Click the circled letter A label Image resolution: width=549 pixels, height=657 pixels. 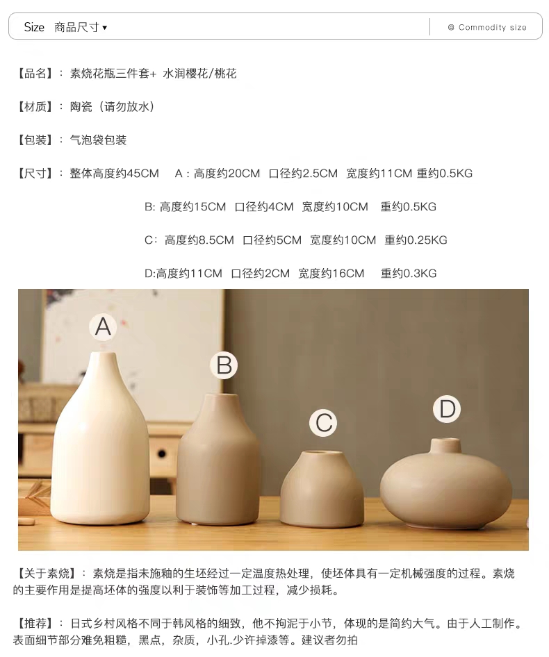coord(103,326)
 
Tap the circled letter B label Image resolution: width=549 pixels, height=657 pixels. coord(224,365)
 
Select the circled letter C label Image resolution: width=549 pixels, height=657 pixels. coord(323,423)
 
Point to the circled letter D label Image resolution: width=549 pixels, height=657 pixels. coord(447,409)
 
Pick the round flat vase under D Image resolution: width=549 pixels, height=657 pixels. coord(446,484)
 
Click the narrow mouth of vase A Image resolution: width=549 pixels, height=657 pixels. coord(103,354)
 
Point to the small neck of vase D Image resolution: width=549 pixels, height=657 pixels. coord(445,446)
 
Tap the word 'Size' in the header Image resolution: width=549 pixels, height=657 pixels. coord(34,27)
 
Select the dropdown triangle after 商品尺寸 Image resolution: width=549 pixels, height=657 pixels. coord(104,28)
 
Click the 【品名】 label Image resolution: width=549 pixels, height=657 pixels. coord(34,74)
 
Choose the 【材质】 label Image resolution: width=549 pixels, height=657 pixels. coord(34,107)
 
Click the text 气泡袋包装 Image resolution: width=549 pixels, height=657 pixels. coord(98,140)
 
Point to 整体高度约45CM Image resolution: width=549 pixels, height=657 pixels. coord(115,174)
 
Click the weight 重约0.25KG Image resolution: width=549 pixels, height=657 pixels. coord(416,240)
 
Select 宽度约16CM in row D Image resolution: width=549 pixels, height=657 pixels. coord(331,274)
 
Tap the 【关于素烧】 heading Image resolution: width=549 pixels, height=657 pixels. coord(47,573)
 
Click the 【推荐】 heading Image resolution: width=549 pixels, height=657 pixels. coord(34,624)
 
